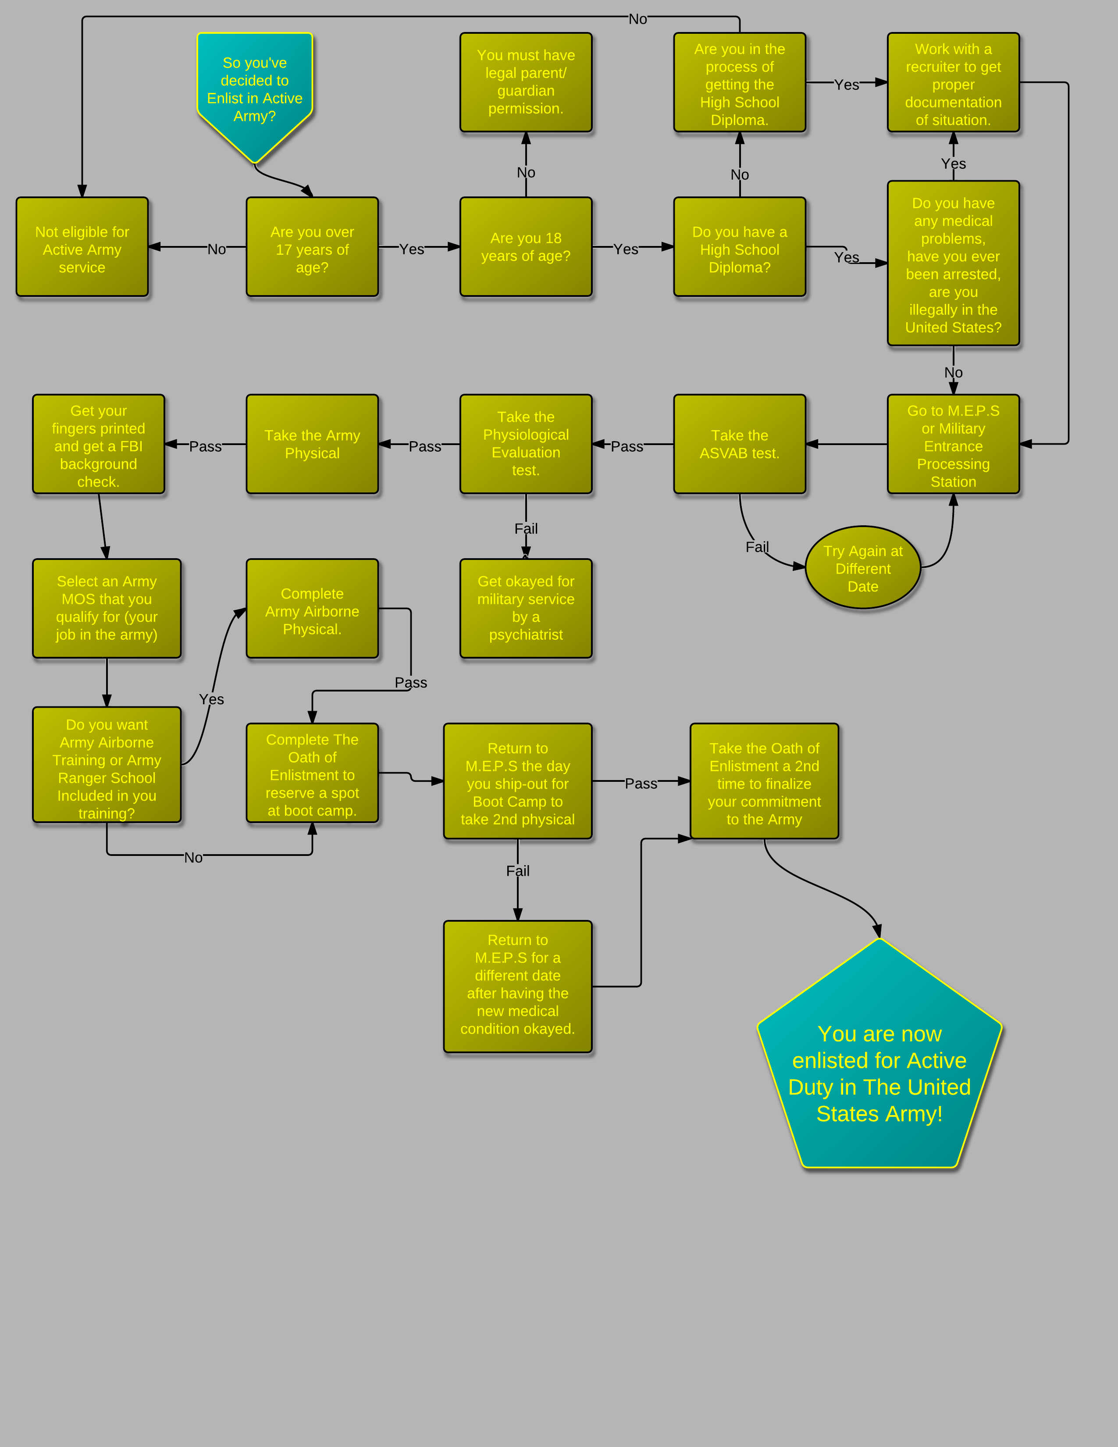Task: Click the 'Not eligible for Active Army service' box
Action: click(x=82, y=247)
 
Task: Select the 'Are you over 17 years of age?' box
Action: click(x=312, y=247)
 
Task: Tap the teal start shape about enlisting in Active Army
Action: click(x=254, y=89)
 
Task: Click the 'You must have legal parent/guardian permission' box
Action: click(x=526, y=82)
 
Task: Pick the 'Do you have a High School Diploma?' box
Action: click(x=739, y=247)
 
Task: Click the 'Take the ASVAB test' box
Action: click(x=739, y=444)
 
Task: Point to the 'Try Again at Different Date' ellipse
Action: click(x=862, y=568)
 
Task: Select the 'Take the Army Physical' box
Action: click(x=312, y=444)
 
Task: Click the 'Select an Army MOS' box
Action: click(x=107, y=608)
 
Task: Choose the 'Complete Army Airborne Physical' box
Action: click(x=312, y=608)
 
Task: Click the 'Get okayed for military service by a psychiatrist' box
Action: click(x=526, y=608)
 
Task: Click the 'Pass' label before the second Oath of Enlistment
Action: click(x=641, y=783)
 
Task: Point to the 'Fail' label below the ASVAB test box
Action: click(x=757, y=547)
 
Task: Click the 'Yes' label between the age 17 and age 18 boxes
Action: click(x=411, y=249)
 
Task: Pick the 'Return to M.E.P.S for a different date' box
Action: click(x=517, y=986)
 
